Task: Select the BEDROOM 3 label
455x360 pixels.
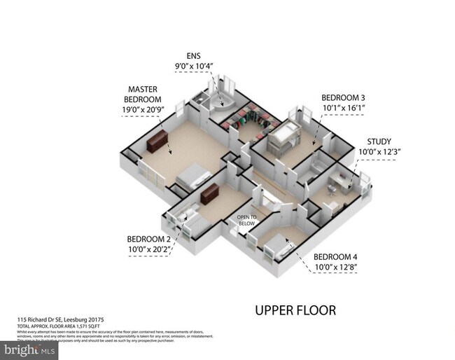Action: point(343,97)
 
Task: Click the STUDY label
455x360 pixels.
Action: point(379,141)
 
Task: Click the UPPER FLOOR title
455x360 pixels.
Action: point(295,310)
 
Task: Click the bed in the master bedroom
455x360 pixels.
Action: point(192,176)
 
